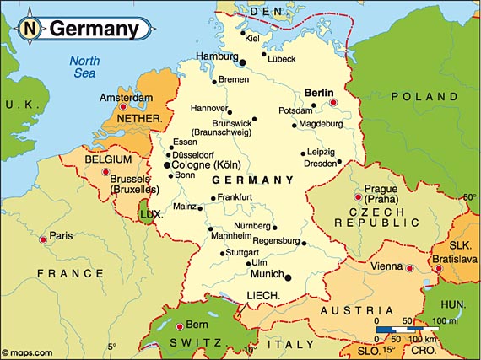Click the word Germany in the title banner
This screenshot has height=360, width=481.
94,29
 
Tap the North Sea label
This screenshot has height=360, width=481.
84,67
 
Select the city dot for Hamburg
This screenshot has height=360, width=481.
242,62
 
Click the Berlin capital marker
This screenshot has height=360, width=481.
333,103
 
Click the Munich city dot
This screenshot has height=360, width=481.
289,277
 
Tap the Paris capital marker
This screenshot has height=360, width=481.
43,239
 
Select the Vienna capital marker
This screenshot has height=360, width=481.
409,269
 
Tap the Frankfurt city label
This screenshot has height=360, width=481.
235,197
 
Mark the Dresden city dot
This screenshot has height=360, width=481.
339,162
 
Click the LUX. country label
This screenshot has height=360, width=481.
151,214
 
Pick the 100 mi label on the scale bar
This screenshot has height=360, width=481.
444,321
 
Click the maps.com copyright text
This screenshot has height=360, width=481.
27,352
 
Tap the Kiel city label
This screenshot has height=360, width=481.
251,38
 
